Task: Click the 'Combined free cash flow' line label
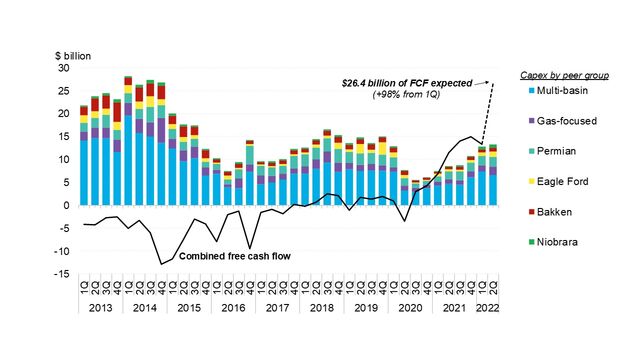pos(234,256)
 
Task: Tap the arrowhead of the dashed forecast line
pos(494,80)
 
